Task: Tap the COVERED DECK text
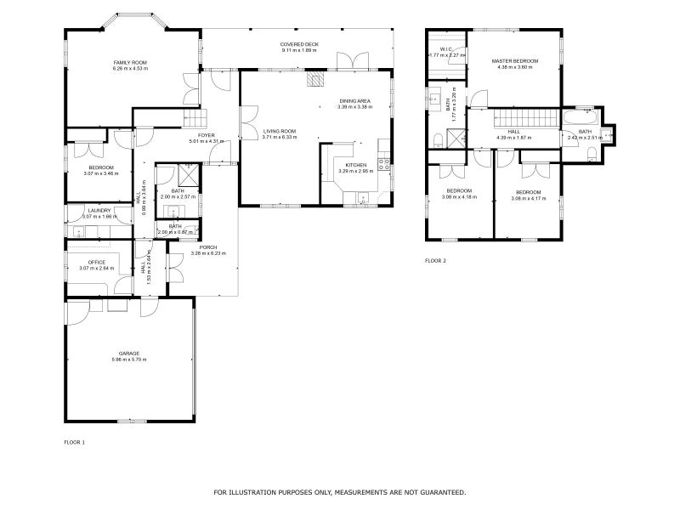click(298, 44)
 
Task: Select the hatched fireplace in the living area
click(315, 79)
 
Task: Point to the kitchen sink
click(364, 199)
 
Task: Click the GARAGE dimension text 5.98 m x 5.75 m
click(129, 360)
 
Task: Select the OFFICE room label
click(97, 262)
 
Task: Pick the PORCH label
click(208, 247)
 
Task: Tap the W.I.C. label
click(445, 49)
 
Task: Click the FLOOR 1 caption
click(75, 442)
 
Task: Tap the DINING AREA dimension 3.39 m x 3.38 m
click(355, 106)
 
